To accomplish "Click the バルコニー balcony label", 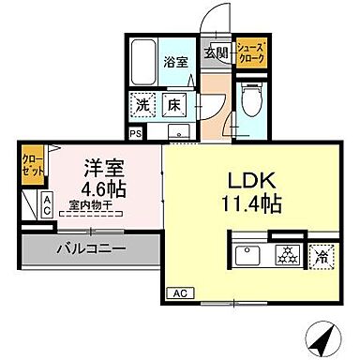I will (90, 248).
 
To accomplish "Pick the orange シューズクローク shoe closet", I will (251, 52).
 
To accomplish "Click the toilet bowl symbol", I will (249, 96).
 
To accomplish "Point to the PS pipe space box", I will (136, 133).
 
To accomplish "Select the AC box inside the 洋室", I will (46, 206).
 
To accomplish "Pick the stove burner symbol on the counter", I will (285, 254).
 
